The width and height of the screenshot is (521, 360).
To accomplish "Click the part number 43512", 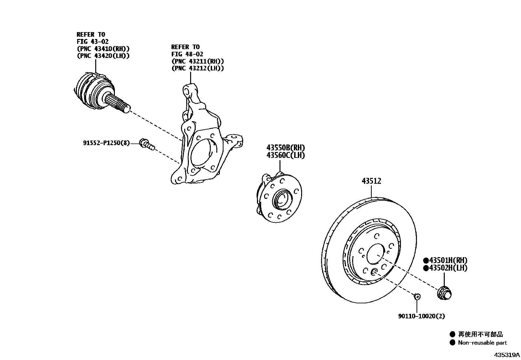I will (x=371, y=181).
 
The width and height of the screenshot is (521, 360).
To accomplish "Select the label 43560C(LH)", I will (x=285, y=155).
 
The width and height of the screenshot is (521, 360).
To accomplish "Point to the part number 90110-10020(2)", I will (x=422, y=316).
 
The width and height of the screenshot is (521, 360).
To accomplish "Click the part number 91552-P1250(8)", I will (x=106, y=143).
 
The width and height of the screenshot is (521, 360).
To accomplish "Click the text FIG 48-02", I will (x=187, y=54).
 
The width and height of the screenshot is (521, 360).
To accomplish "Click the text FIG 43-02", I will (x=93, y=42).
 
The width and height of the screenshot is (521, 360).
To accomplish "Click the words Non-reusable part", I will (x=482, y=343).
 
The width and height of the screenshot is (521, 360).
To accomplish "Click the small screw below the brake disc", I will (x=417, y=297).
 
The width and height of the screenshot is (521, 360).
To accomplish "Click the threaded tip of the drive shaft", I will (x=126, y=108).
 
